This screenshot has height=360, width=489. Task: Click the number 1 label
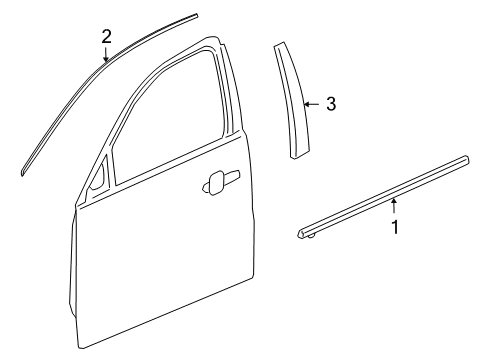tap(395, 227)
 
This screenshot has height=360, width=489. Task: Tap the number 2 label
tap(106, 37)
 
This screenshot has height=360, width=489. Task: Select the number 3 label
tap(331, 103)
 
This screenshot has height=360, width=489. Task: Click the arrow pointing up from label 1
tap(395, 206)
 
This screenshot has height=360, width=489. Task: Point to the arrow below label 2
tap(106, 56)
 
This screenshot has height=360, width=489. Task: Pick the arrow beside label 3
tap(312, 103)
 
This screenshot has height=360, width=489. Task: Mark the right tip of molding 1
tap(468, 157)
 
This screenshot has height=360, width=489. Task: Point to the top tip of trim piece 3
tap(278, 46)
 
